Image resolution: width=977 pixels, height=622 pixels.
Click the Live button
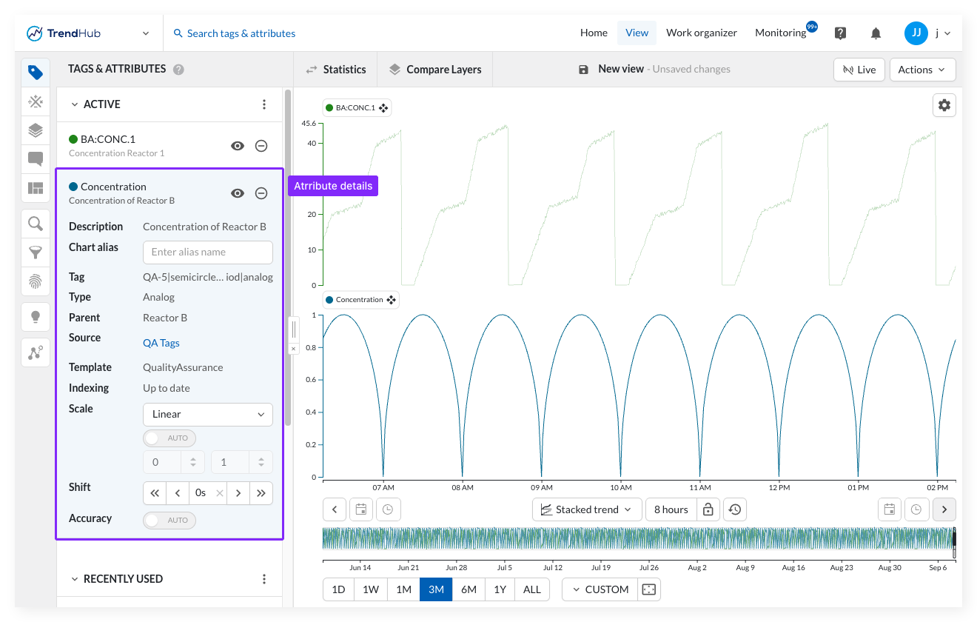click(x=859, y=70)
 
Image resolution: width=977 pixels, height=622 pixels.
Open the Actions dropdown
click(x=922, y=70)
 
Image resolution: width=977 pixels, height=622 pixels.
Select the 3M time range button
click(x=436, y=589)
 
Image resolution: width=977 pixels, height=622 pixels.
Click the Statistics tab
click(x=336, y=70)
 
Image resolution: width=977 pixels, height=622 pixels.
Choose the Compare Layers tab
click(x=435, y=70)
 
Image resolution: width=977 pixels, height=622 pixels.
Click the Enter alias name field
click(x=207, y=253)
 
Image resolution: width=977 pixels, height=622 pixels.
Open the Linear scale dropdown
click(x=207, y=414)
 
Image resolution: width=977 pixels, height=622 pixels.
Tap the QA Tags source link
click(x=161, y=343)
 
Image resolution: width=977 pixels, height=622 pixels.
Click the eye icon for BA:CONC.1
click(x=238, y=146)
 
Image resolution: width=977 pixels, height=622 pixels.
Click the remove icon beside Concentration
click(x=261, y=193)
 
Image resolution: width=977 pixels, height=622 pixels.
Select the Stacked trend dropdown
click(x=587, y=509)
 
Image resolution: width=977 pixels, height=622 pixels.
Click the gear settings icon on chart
click(x=944, y=105)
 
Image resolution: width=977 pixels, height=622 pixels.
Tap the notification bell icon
click(x=876, y=33)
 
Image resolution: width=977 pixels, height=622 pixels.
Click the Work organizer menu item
click(x=702, y=33)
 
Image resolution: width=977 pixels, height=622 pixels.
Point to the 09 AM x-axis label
click(x=541, y=487)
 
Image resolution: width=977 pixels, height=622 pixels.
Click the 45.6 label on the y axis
click(x=309, y=124)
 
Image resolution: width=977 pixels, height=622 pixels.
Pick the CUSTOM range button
click(x=600, y=589)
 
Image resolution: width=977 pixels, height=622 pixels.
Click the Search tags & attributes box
click(x=235, y=33)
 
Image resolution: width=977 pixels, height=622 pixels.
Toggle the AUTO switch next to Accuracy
click(x=169, y=521)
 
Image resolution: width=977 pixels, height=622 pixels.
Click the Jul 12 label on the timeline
click(x=553, y=567)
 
